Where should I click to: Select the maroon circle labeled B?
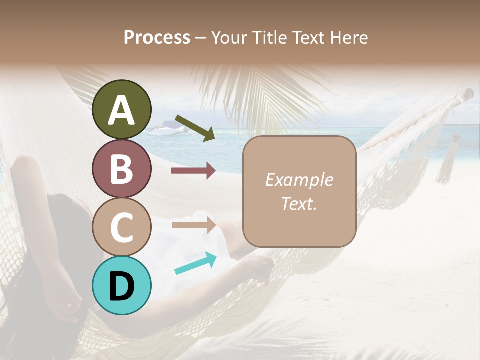(122, 169)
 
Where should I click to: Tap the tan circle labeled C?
(122, 227)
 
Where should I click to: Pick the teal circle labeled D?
(122, 285)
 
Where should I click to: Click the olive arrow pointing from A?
(195, 128)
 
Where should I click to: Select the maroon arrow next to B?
(193, 171)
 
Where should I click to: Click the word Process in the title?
(157, 38)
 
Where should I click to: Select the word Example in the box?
(299, 180)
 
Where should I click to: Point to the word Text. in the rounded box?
(299, 203)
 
